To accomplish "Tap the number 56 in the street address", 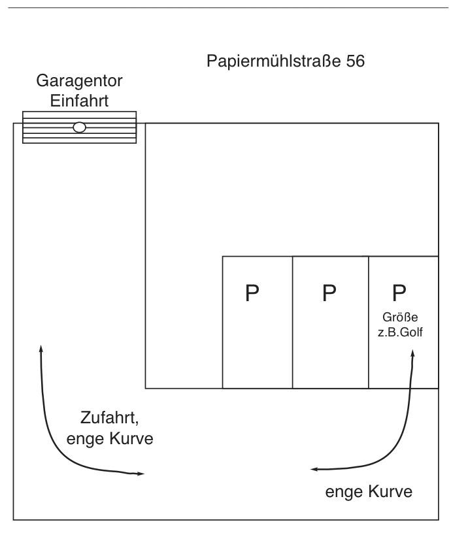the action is point(354,62).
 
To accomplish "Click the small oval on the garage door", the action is point(79,127).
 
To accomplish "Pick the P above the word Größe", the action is point(399,292).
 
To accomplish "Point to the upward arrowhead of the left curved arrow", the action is point(41,349).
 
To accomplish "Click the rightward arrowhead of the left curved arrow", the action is point(141,473).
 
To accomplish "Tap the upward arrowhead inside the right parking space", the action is point(412,353).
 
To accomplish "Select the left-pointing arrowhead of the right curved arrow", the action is point(314,469).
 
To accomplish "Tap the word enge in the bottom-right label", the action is point(343,491).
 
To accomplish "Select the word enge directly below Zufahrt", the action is point(84,439).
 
